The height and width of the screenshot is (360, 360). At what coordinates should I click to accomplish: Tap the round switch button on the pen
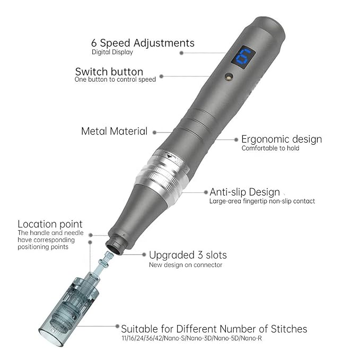pos(229,76)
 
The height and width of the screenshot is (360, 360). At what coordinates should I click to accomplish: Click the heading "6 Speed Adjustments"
pos(143,43)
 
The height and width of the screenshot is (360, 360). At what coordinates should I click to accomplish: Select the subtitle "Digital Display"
pos(112,52)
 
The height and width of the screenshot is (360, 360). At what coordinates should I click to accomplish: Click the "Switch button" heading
pos(109,72)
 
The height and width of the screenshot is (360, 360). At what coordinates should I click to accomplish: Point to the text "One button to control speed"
pos(115,80)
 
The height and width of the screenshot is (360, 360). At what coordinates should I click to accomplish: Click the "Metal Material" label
pos(114,131)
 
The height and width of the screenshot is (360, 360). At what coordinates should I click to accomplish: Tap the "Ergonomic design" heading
pos(282,139)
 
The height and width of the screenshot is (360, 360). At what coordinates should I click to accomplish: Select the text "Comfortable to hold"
pos(270,148)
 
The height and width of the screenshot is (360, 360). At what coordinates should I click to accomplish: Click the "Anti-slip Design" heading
pos(245,192)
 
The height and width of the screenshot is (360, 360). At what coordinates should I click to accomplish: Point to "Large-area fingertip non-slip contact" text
pos(262,201)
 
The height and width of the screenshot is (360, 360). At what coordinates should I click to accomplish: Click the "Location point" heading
pos(50,224)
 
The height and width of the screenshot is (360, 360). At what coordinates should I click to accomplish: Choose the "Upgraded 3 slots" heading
pos(188,255)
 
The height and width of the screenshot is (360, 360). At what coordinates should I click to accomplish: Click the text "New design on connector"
pos(186,265)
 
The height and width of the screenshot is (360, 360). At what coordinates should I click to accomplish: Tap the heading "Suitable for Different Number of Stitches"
pos(214,329)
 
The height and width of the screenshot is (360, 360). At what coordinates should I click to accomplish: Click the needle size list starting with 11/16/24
pos(192,338)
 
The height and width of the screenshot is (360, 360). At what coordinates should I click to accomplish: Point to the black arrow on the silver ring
pos(170,156)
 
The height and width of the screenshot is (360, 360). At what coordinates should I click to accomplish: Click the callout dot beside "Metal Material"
pos(154,133)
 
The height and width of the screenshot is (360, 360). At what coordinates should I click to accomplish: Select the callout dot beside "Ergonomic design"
pos(236,139)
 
